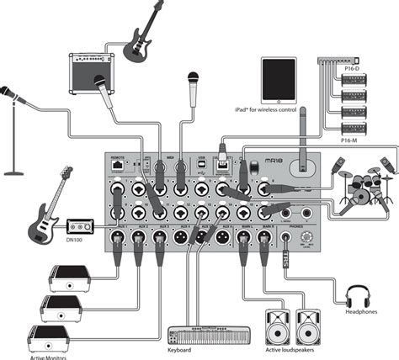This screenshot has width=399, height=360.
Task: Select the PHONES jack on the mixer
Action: [288, 237]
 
